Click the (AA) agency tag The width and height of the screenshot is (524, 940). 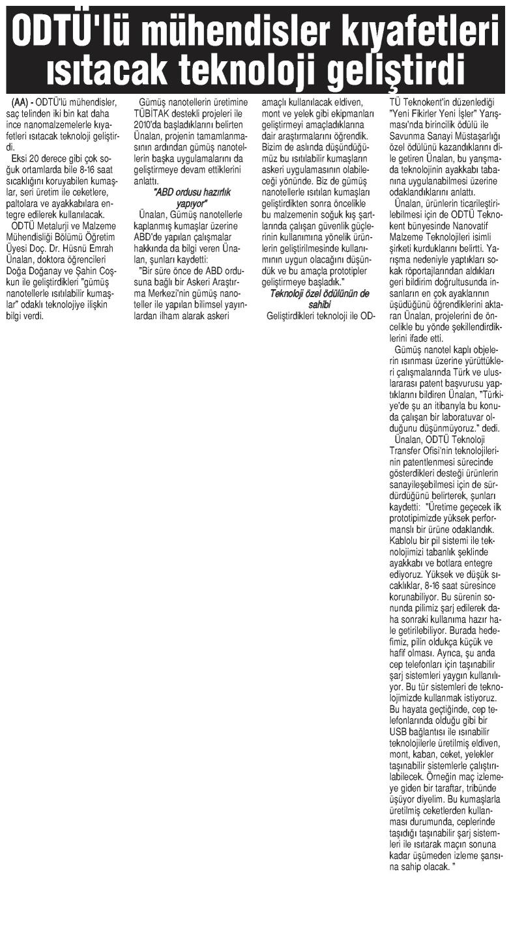click(x=22, y=103)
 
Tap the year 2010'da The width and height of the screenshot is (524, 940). click(x=149, y=124)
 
